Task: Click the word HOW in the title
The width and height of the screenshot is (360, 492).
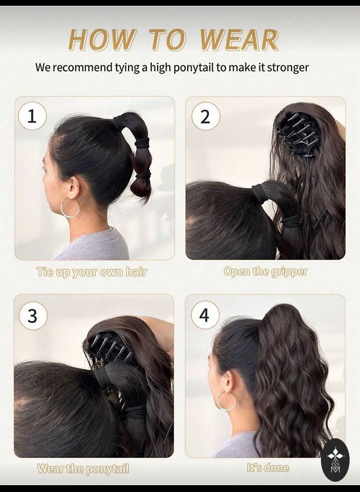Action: pyautogui.click(x=102, y=40)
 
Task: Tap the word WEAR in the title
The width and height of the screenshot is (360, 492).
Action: pyautogui.click(x=239, y=40)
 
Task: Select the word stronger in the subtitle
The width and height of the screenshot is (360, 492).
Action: pyautogui.click(x=288, y=68)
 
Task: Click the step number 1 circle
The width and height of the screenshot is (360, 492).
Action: pyautogui.click(x=32, y=117)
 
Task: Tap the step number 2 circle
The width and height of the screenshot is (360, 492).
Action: pyautogui.click(x=206, y=116)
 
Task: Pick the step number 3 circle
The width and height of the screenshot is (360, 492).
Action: pyautogui.click(x=33, y=316)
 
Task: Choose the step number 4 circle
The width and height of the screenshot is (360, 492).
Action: pyautogui.click(x=204, y=315)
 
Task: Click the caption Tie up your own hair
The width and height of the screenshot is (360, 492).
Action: pyautogui.click(x=92, y=272)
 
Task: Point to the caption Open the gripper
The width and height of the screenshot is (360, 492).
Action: pyautogui.click(x=266, y=272)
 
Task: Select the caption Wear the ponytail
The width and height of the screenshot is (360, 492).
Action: pyautogui.click(x=83, y=469)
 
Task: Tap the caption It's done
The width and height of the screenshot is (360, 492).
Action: pyautogui.click(x=268, y=468)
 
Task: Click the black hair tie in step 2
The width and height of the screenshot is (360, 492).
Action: pyautogui.click(x=259, y=194)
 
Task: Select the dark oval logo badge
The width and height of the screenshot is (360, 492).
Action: pyautogui.click(x=335, y=460)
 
